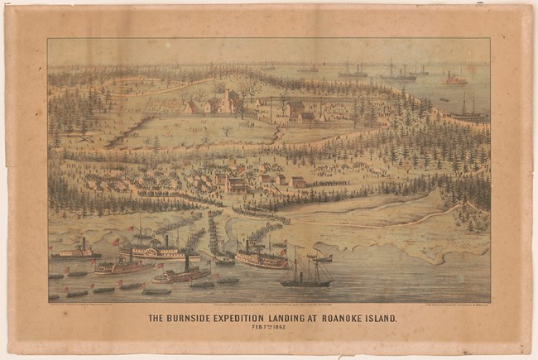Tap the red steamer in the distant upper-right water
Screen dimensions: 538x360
coord(454,79)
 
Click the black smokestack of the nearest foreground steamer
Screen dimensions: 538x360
coord(187,264)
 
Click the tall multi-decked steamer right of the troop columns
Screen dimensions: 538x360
coord(261,257)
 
